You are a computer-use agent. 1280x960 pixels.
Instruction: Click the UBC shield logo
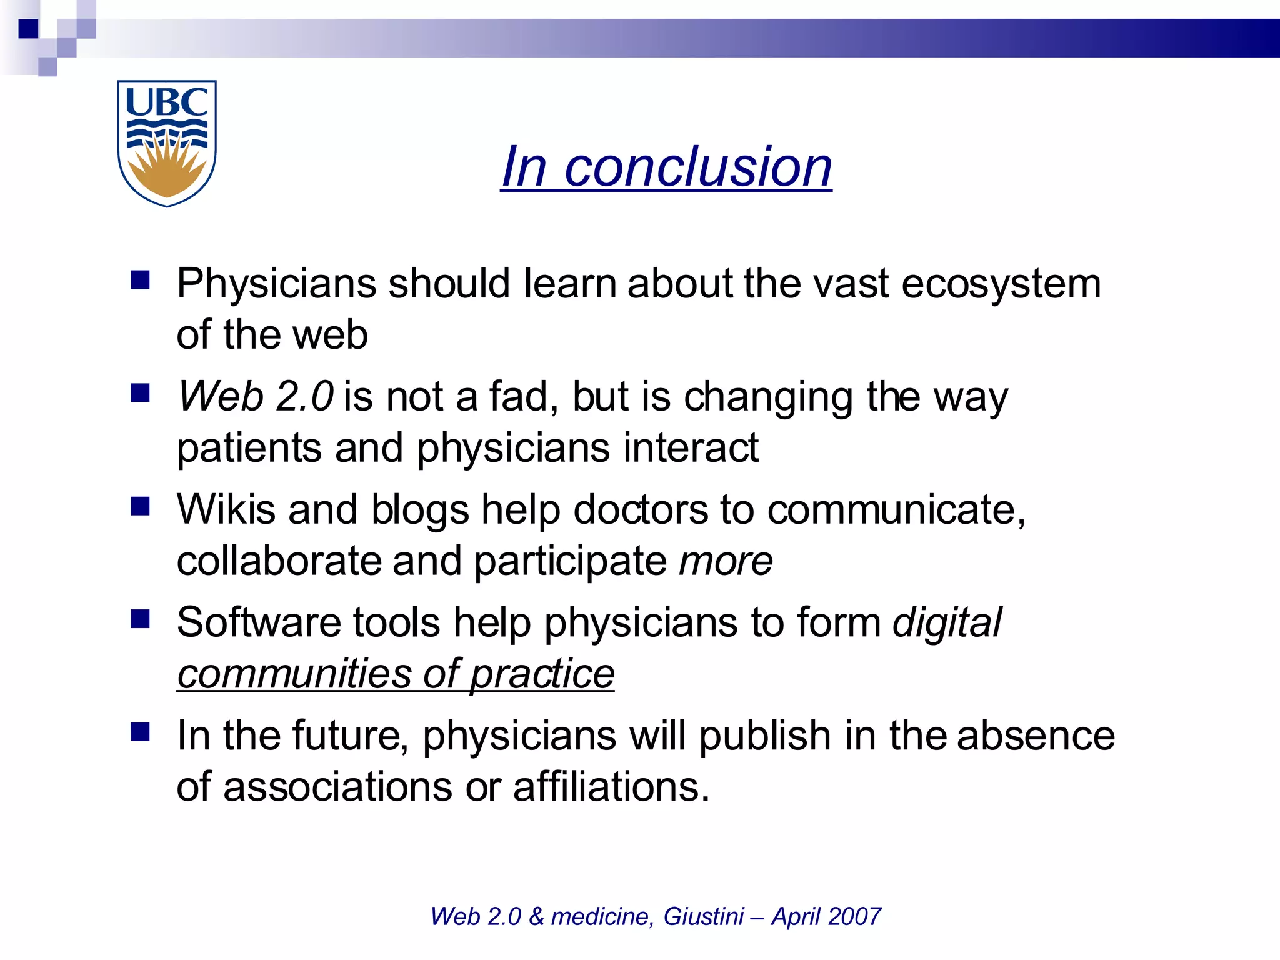pyautogui.click(x=167, y=143)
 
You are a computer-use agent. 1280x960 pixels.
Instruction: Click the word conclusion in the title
pyautogui.click(x=698, y=167)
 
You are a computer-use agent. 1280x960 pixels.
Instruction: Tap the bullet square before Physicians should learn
pyautogui.click(x=141, y=280)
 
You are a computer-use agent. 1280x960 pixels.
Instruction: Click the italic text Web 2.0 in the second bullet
pyautogui.click(x=256, y=397)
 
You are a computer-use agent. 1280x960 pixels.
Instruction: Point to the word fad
pyautogui.click(x=519, y=397)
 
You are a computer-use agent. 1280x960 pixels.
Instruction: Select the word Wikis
pyautogui.click(x=226, y=509)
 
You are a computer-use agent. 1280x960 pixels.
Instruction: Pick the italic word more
pyautogui.click(x=726, y=561)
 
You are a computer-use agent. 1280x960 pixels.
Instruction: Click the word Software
pyautogui.click(x=259, y=622)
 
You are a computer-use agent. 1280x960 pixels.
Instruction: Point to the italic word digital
pyautogui.click(x=947, y=623)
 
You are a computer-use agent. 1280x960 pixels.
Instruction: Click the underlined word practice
pyautogui.click(x=542, y=674)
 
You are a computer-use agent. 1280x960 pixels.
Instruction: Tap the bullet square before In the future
pyautogui.click(x=141, y=731)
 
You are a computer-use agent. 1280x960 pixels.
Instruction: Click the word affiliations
pyautogui.click(x=611, y=786)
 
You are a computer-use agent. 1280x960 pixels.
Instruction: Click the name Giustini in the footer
pyautogui.click(x=703, y=916)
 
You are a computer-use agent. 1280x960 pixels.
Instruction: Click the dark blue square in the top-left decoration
pyautogui.click(x=29, y=29)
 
